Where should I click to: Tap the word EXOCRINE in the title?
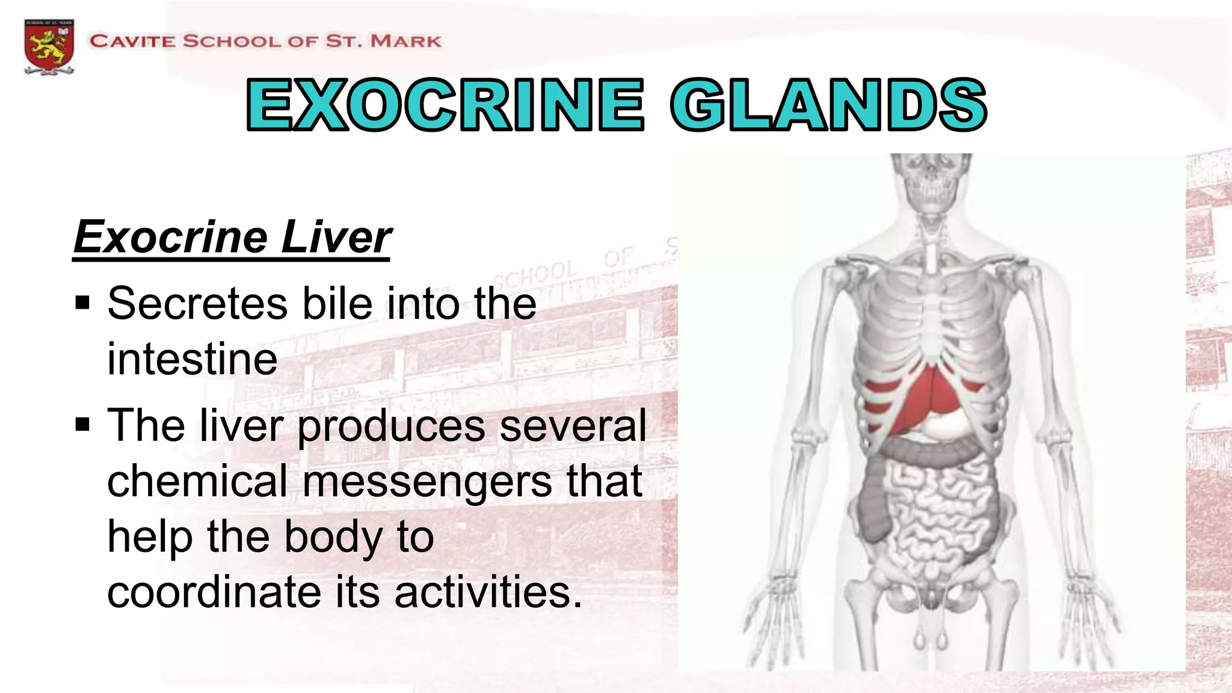445,105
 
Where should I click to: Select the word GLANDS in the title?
828,105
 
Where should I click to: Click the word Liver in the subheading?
336,237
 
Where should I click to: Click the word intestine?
192,359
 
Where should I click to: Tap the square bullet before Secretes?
82,302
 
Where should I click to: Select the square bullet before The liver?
82,425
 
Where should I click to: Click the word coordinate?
214,592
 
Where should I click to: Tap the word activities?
488,592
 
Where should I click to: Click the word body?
333,537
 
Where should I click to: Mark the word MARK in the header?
406,42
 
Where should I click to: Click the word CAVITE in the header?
132,42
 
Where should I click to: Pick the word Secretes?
198,303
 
